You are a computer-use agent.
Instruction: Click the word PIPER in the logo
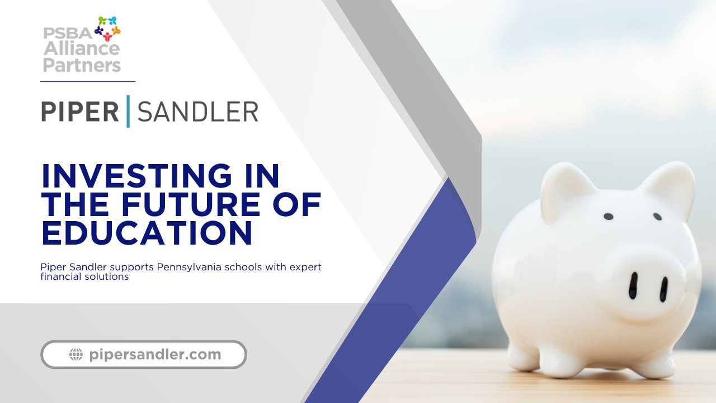tap(80, 111)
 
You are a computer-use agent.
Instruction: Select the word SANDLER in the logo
tap(198, 111)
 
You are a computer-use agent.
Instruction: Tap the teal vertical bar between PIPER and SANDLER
tap(128, 111)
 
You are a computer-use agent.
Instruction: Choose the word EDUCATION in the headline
tap(147, 232)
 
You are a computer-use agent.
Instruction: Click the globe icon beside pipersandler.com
tap(76, 354)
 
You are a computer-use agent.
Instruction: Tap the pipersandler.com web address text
tap(155, 354)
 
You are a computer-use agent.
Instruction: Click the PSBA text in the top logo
tap(68, 33)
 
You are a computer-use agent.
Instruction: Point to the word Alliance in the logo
tap(82, 48)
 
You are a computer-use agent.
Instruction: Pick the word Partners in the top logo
tap(82, 65)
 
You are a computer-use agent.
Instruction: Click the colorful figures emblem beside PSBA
tap(107, 29)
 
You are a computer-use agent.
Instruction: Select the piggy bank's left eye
tap(608, 217)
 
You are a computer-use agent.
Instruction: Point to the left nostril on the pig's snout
tap(633, 285)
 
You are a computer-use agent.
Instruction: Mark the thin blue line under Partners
tap(88, 81)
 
